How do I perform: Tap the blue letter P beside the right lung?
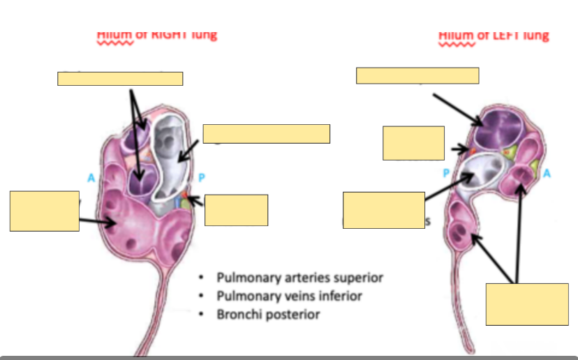click(202, 178)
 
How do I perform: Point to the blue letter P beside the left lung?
click(446, 172)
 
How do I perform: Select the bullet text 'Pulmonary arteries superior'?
click(299, 278)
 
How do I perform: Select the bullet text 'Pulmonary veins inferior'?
click(289, 296)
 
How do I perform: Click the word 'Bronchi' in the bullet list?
click(239, 314)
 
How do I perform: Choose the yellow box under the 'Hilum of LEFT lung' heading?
click(417, 75)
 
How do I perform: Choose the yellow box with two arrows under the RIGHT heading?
click(120, 78)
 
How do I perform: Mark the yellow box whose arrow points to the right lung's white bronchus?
click(266, 133)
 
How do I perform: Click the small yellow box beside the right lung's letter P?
click(236, 210)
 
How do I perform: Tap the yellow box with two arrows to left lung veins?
click(527, 303)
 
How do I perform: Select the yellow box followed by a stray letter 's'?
click(383, 210)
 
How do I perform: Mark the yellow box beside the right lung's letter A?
click(44, 210)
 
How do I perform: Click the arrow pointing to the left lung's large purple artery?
click(457, 109)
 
